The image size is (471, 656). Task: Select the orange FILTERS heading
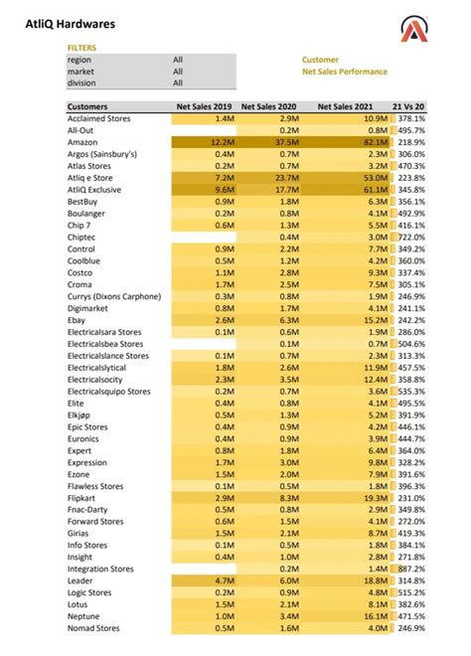pyautogui.click(x=81, y=47)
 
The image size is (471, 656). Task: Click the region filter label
pyautogui.click(x=79, y=60)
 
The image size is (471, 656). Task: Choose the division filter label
pyautogui.click(x=82, y=82)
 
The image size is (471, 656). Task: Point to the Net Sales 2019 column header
pyautogui.click(x=203, y=106)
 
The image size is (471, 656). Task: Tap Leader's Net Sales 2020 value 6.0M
pyautogui.click(x=288, y=580)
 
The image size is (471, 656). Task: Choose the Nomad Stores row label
pyautogui.click(x=94, y=628)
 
